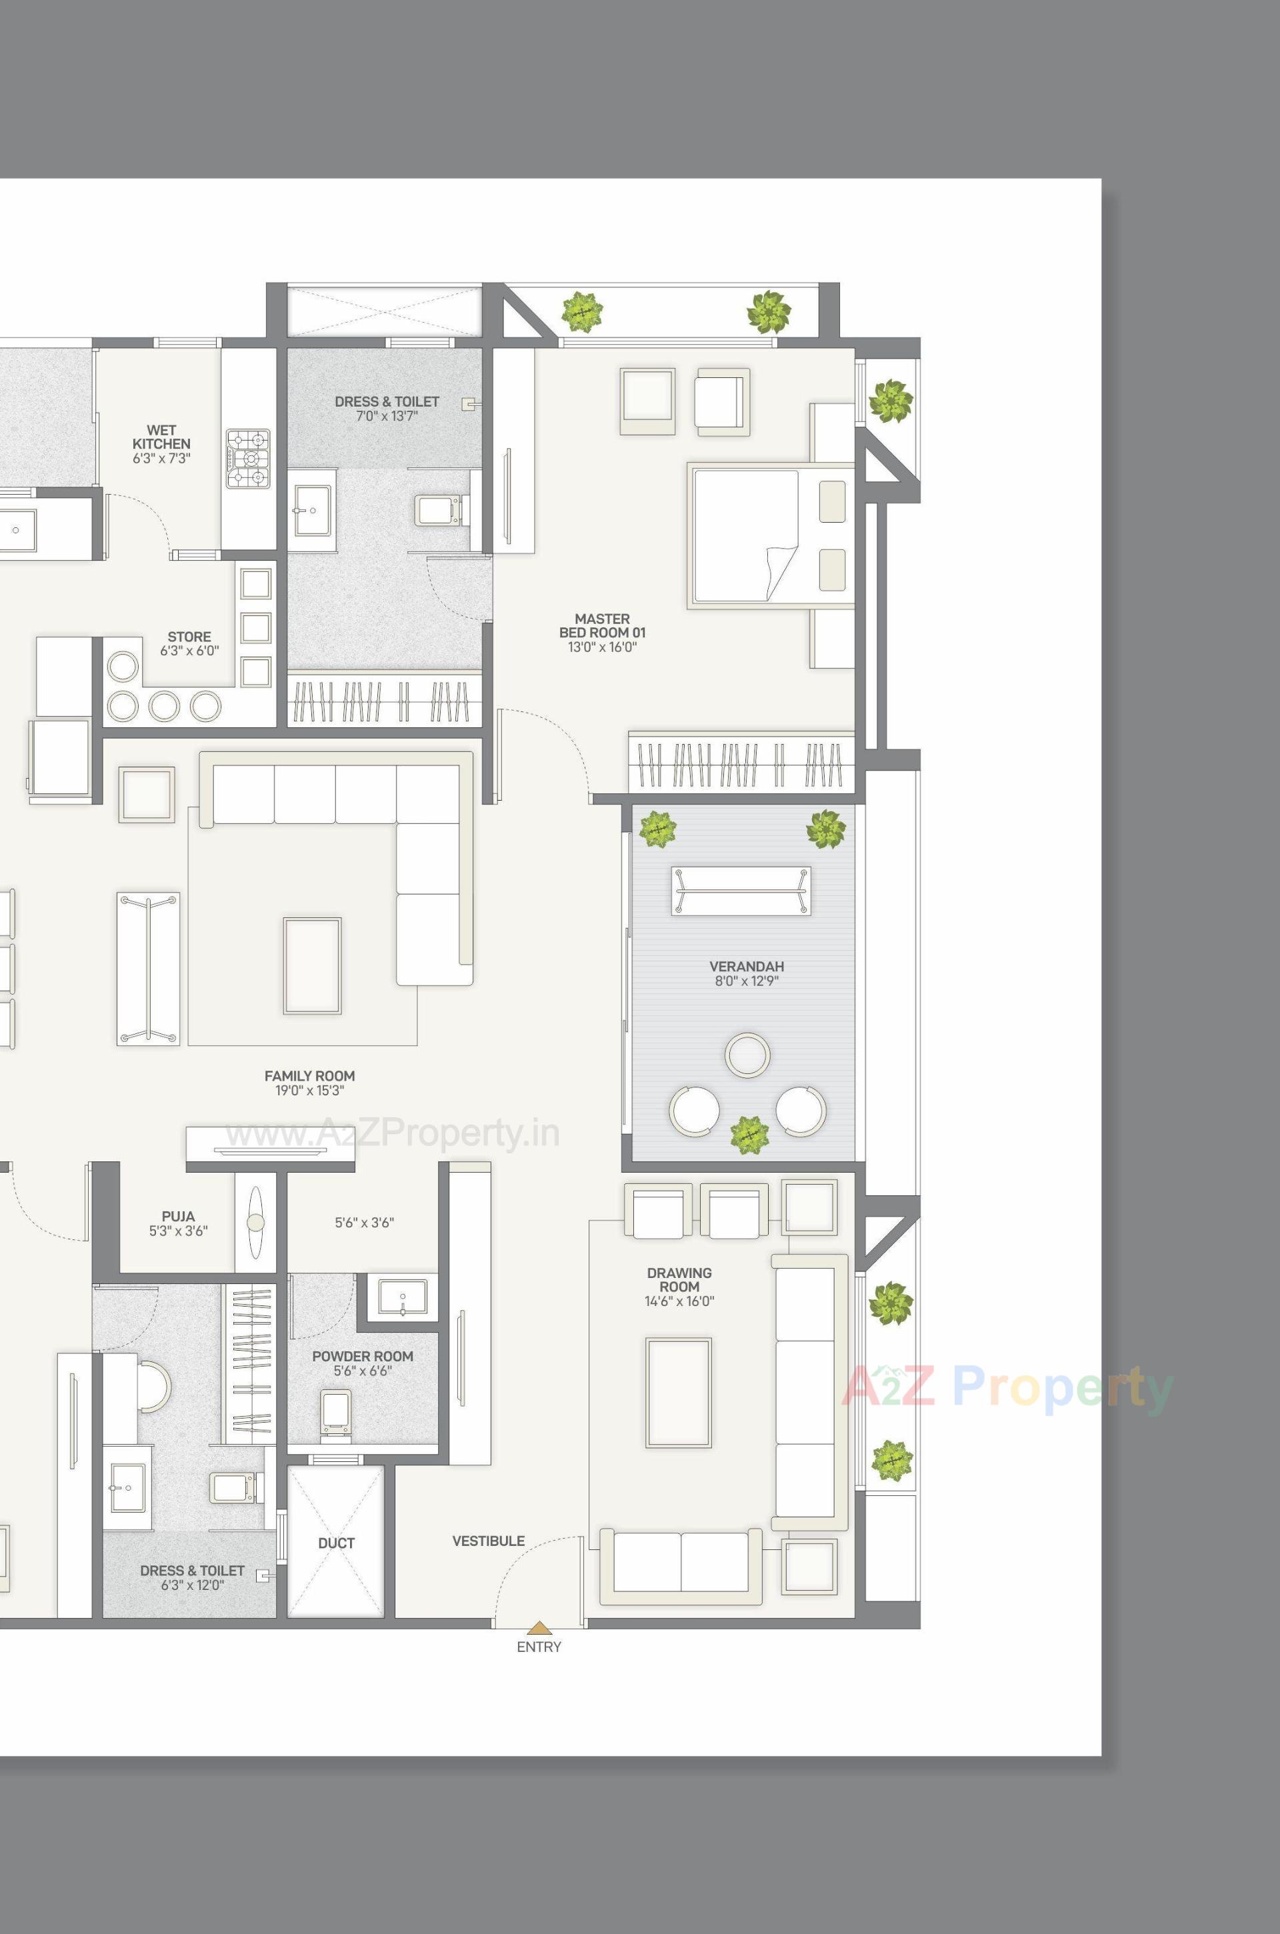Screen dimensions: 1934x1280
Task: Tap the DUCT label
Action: [336, 1543]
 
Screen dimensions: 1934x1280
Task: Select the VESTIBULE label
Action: [488, 1541]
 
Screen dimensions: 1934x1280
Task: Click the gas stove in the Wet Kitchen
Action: [247, 459]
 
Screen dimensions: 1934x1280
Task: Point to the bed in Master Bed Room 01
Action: [770, 535]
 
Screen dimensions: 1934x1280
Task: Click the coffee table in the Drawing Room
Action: [679, 1393]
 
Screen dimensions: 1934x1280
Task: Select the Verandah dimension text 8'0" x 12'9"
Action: [746, 981]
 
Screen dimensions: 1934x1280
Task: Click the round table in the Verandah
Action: [747, 1055]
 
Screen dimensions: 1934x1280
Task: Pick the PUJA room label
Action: [178, 1217]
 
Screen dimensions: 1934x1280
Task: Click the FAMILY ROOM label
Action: [309, 1076]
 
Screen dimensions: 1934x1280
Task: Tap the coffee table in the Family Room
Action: [312, 966]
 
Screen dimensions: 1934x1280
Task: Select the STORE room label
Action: [189, 637]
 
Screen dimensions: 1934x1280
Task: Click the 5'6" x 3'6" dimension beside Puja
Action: [364, 1223]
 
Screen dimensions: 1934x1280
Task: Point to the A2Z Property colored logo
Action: [1007, 1387]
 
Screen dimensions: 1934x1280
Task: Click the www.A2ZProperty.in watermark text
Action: [392, 1134]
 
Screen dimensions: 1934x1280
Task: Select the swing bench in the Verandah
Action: [741, 891]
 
